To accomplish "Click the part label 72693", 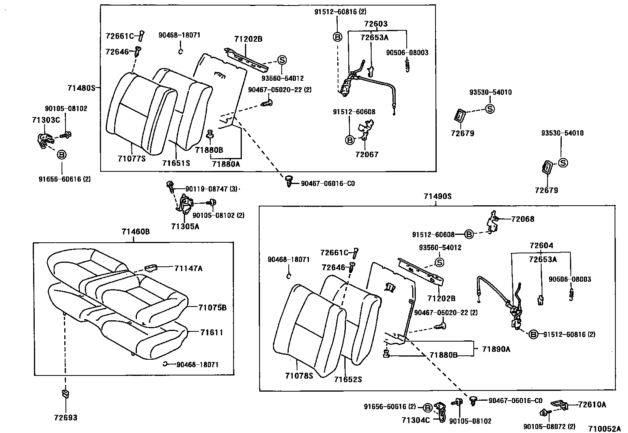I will [x=65, y=418].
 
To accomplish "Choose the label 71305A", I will [x=185, y=227].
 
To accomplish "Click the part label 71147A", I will [x=189, y=268].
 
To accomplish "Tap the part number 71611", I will [x=211, y=333].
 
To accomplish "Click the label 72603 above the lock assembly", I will [x=376, y=24].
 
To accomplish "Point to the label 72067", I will [x=366, y=154].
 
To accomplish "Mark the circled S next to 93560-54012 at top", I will [x=282, y=60].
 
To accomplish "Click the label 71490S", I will [x=437, y=196].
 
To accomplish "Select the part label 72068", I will [x=523, y=219].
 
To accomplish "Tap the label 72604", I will [x=541, y=246].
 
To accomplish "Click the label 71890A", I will [x=496, y=349].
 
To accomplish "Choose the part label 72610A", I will [x=592, y=404].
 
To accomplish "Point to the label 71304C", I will [x=416, y=420].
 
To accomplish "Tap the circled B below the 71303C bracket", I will [x=62, y=155].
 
